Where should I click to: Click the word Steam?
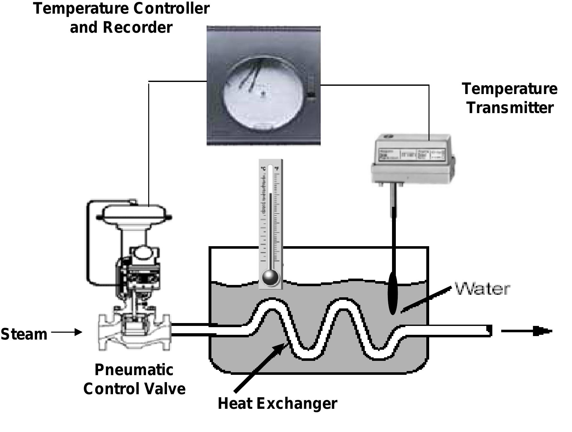pos(24,334)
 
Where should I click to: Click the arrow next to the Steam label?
pos(67,332)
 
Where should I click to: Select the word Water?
pos(482,288)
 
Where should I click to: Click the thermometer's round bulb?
pos(270,278)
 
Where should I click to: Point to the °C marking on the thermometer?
pos(263,168)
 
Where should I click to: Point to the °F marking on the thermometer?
pos(277,168)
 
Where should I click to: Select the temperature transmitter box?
pos(413,159)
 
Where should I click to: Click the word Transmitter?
pos(510,107)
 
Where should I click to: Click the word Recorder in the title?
pos(137,27)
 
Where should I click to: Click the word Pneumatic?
pos(134,370)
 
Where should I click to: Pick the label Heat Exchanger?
pos(277,403)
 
